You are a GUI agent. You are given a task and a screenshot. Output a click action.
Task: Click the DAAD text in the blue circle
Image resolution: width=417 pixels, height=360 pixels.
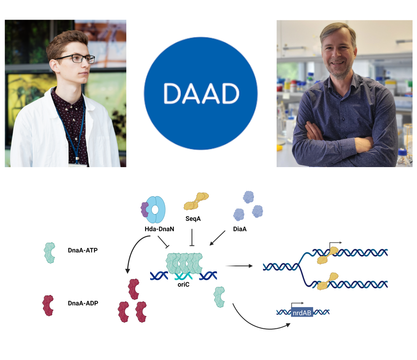point(201,93)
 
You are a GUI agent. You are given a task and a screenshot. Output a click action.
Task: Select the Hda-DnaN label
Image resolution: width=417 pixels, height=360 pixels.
point(159,229)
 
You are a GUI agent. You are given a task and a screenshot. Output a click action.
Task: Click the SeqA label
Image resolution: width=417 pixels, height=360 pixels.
point(193,219)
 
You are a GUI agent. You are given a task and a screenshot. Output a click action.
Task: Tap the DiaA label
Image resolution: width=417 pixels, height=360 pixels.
point(240,229)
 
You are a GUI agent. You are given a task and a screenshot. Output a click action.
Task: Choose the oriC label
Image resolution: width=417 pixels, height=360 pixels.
point(183,285)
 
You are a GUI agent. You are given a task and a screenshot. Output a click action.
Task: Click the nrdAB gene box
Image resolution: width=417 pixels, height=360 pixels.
point(302,313)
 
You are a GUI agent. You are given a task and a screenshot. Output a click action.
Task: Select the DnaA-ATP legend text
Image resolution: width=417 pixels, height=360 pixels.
point(83,250)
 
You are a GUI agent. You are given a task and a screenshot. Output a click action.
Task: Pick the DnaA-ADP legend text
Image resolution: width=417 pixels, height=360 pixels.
point(83,303)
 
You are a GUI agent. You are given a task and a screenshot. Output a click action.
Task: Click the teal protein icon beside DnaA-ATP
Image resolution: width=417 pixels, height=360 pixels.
point(50,252)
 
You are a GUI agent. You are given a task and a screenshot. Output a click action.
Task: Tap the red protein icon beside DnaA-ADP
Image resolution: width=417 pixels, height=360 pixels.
point(48,305)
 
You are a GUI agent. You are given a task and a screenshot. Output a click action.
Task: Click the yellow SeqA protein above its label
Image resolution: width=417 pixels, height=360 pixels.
point(196,201)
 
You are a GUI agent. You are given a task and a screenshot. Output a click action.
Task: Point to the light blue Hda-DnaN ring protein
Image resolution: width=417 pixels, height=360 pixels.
point(156,210)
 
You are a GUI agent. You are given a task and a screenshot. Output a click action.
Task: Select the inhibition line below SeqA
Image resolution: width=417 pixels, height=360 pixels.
point(192,237)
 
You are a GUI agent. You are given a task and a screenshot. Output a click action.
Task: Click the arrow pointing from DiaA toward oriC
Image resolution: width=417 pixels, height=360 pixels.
point(217,238)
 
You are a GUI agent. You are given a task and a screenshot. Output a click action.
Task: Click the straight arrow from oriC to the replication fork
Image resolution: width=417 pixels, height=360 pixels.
point(239,266)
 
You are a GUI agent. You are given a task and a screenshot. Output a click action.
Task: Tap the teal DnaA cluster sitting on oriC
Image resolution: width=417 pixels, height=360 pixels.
point(184,263)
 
